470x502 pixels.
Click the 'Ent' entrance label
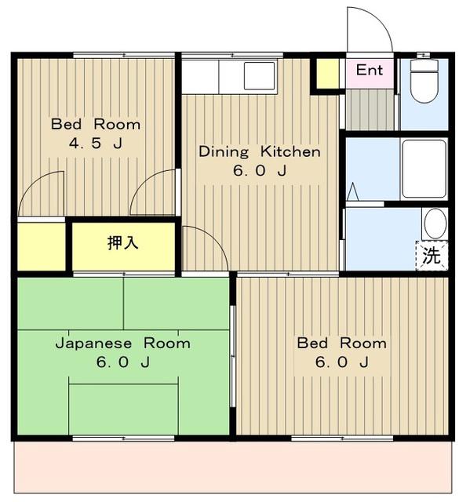pos(369,70)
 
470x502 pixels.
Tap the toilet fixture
pos(424,81)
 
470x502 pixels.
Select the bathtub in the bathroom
pos(424,169)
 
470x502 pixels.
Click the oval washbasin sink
pos(435,224)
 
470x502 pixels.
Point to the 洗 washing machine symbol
pos(432,256)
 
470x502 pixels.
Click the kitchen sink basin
pos(260,76)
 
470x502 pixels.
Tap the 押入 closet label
pos(123,242)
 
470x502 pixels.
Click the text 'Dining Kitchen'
pos(260,151)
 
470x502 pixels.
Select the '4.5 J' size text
pos(96,143)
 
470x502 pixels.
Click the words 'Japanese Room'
pos(123,344)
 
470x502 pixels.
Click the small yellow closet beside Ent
pos(327,73)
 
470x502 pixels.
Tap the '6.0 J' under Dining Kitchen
pos(260,170)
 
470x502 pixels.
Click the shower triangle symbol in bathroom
pos(353,191)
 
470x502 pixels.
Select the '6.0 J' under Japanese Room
pos(123,362)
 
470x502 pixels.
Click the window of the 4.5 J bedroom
pos(124,55)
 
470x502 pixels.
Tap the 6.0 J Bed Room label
pos(342,352)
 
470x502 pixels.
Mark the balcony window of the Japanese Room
pos(123,438)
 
